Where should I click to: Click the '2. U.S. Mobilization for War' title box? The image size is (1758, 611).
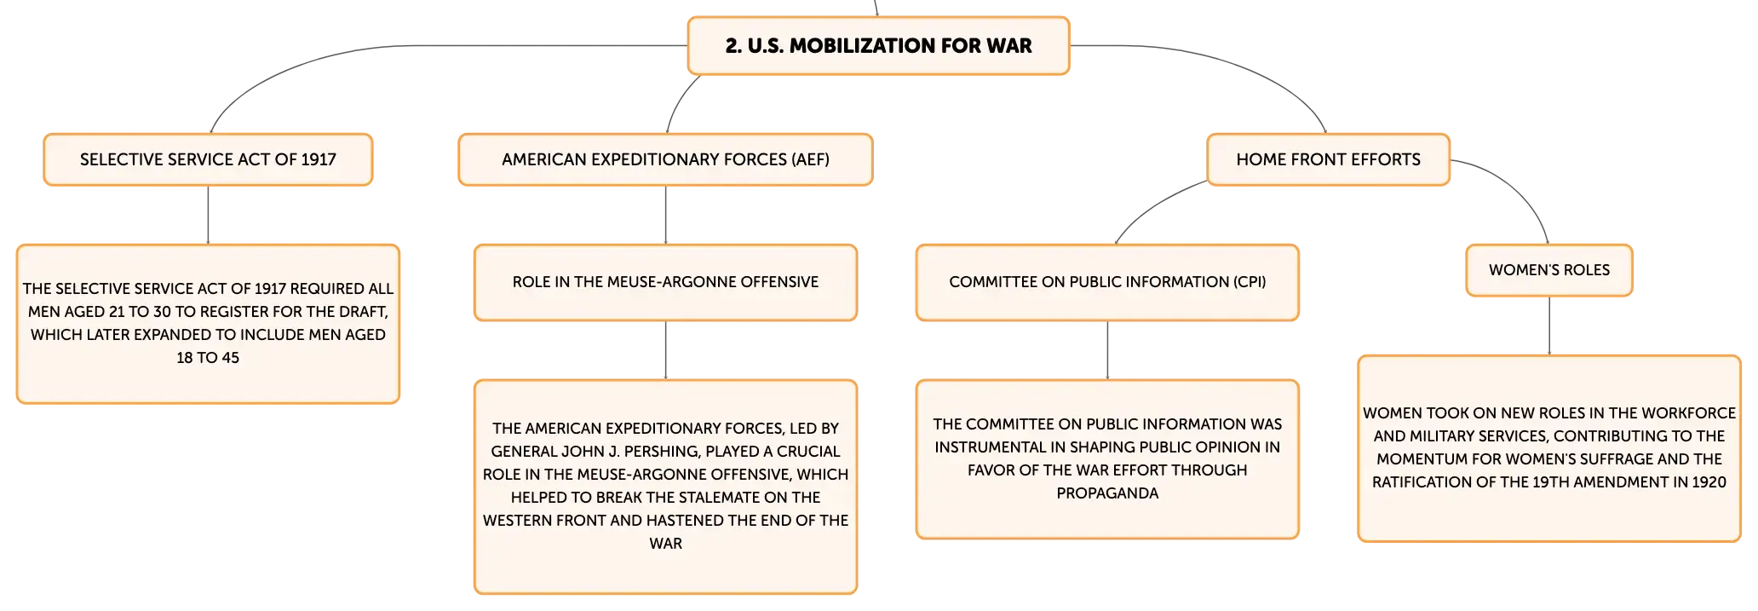pyautogui.click(x=878, y=46)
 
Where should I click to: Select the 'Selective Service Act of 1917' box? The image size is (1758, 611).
pyautogui.click(x=208, y=159)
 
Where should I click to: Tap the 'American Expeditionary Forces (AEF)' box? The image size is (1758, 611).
pyautogui.click(x=665, y=159)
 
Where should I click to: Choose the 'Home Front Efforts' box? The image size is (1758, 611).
pyautogui.click(x=1328, y=159)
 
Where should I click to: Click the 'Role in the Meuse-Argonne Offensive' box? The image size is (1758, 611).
pyautogui.click(x=665, y=283)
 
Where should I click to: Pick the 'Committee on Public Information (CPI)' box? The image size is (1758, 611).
pyautogui.click(x=1107, y=283)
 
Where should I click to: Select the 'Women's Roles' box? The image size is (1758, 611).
pyautogui.click(x=1549, y=270)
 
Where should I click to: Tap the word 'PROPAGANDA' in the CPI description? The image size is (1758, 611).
pyautogui.click(x=1107, y=493)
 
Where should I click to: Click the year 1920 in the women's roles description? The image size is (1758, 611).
pyautogui.click(x=1709, y=482)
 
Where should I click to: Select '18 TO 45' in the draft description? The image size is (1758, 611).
pyautogui.click(x=208, y=358)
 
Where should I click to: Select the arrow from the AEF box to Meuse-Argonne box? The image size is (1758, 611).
pyautogui.click(x=665, y=216)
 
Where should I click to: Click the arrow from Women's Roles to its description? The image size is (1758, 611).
pyautogui.click(x=1549, y=326)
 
